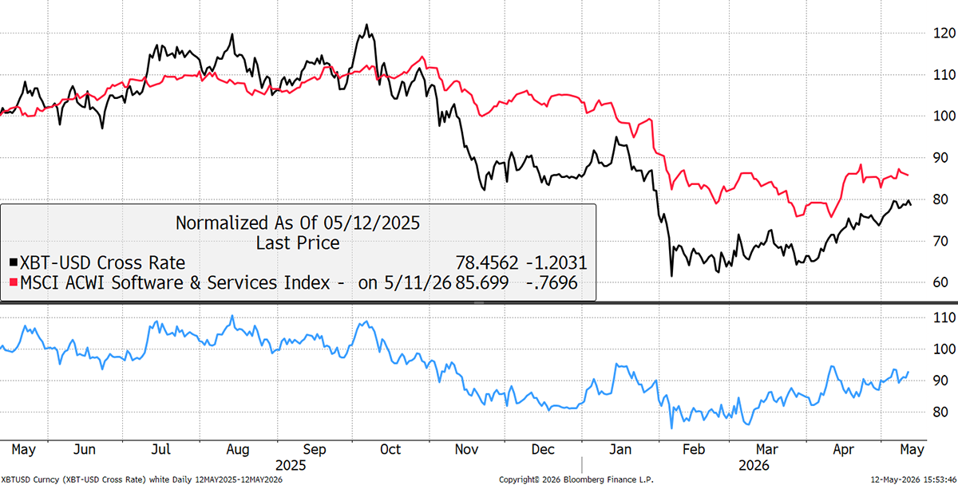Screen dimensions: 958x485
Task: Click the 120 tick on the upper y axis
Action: pyautogui.click(x=944, y=34)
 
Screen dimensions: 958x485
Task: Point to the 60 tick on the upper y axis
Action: pyautogui.click(x=940, y=282)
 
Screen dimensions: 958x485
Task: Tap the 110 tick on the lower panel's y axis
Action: pyautogui.click(x=944, y=317)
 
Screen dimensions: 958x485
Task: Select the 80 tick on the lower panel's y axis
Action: pyautogui.click(x=940, y=412)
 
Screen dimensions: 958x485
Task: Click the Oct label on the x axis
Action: pyautogui.click(x=390, y=450)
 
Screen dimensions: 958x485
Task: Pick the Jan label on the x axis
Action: pyautogui.click(x=620, y=450)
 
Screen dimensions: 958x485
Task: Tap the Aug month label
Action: pyautogui.click(x=237, y=450)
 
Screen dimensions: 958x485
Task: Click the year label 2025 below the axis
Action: pyautogui.click(x=291, y=465)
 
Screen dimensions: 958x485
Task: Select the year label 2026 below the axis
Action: pyautogui.click(x=754, y=465)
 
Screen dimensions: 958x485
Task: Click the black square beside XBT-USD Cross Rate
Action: pyautogui.click(x=14, y=262)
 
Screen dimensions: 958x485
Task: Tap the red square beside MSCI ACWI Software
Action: pyautogui.click(x=14, y=282)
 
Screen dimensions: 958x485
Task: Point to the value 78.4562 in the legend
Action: pyautogui.click(x=487, y=262)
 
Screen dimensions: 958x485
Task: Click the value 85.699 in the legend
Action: pyautogui.click(x=481, y=283)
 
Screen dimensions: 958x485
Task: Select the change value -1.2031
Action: pyautogui.click(x=556, y=262)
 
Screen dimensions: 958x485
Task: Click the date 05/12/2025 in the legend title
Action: pyautogui.click(x=372, y=223)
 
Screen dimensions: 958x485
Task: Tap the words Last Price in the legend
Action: pyautogui.click(x=298, y=242)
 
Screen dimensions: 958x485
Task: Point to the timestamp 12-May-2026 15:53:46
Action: pyautogui.click(x=914, y=480)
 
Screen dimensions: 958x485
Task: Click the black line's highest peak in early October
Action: pyautogui.click(x=366, y=25)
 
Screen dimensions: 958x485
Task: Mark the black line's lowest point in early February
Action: pyautogui.click(x=671, y=276)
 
